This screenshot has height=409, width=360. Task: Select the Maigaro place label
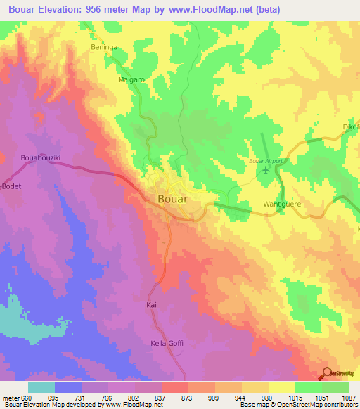131,81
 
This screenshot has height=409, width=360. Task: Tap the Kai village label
150,305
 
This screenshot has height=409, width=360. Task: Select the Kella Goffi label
167,343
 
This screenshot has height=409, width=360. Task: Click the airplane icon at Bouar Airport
265,169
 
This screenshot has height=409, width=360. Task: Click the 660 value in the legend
27,397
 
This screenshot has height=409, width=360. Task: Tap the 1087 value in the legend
348,397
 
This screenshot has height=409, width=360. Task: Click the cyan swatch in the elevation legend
41,387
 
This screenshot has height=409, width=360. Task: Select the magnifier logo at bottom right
327,374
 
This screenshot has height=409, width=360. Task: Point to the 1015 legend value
295,397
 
